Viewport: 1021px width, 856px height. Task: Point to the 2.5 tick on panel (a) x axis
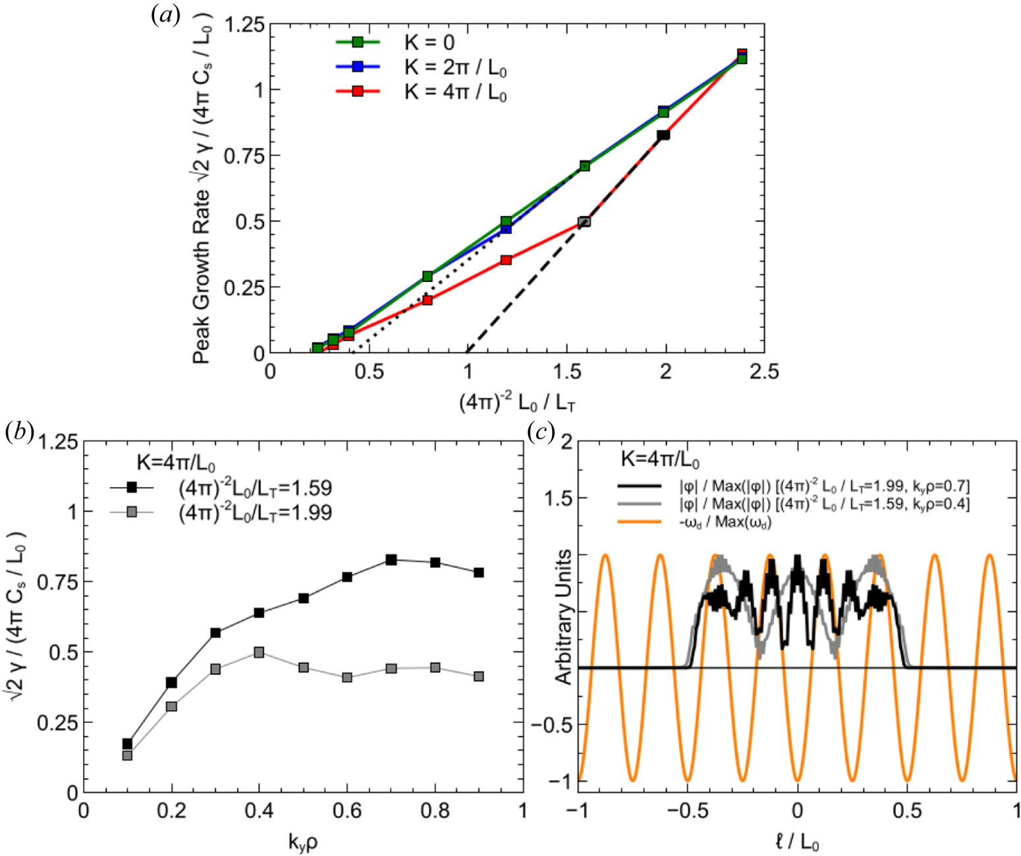click(763, 372)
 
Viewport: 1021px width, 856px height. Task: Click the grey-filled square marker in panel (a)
click(584, 221)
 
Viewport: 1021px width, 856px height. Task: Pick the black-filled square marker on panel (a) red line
click(663, 134)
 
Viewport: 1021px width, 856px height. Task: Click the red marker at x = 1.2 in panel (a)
click(506, 260)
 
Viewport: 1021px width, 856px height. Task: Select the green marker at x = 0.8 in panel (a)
click(428, 276)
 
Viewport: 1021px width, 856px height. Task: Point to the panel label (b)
click(18, 431)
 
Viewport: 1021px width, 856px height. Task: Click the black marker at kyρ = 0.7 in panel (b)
click(391, 559)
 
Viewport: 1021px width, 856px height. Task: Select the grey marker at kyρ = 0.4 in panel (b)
click(260, 652)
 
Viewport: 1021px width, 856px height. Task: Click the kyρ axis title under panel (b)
click(303, 841)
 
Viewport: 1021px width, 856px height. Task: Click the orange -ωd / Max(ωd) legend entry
click(725, 523)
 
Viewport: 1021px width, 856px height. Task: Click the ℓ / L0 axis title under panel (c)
click(797, 842)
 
